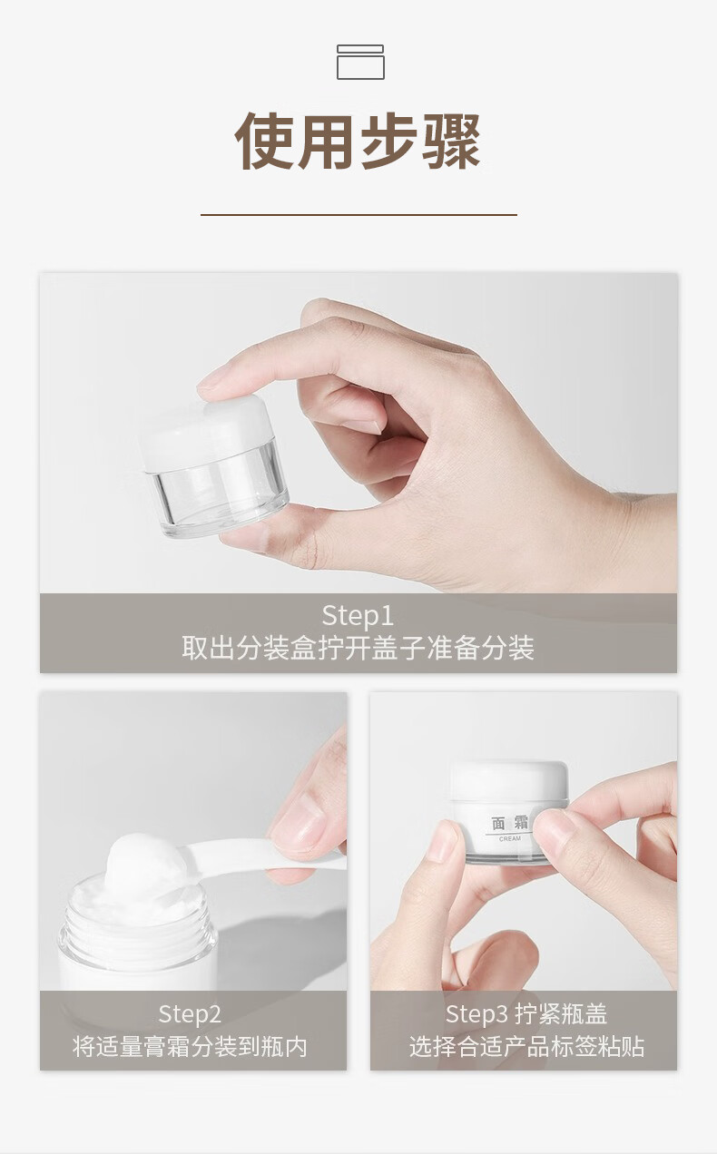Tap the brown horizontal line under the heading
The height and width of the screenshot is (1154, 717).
pyautogui.click(x=358, y=214)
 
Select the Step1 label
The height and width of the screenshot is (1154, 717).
pyautogui.click(x=358, y=615)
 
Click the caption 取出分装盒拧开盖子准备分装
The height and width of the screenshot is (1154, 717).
pyautogui.click(x=358, y=648)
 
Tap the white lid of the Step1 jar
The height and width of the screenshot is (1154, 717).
pyautogui.click(x=205, y=433)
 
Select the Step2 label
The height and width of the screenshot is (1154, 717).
pyautogui.click(x=189, y=1014)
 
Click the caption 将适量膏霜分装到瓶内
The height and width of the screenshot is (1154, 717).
pyautogui.click(x=189, y=1046)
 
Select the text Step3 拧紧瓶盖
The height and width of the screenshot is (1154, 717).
pyautogui.click(x=525, y=1014)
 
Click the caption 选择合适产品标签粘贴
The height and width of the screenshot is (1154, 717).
pyautogui.click(x=525, y=1046)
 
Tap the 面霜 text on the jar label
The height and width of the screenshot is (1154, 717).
pyautogui.click(x=510, y=823)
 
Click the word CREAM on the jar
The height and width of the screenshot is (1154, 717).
pyautogui.click(x=510, y=838)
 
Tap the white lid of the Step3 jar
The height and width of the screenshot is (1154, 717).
pyautogui.click(x=509, y=780)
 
